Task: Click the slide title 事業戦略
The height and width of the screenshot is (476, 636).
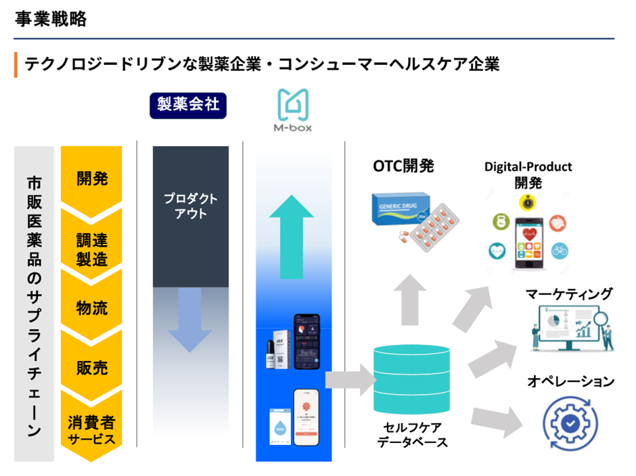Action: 51,20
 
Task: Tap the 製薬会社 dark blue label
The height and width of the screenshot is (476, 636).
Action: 188,105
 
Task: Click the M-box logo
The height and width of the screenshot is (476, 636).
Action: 295,112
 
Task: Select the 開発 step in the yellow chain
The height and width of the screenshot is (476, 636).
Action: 91,178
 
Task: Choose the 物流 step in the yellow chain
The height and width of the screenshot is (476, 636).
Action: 91,308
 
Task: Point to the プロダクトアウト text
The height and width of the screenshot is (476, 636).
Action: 191,206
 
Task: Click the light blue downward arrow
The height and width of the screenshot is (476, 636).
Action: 190,318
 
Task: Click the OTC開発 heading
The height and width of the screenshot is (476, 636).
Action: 403,166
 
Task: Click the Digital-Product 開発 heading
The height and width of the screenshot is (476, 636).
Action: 528,174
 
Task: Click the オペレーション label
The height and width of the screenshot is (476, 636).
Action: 570,381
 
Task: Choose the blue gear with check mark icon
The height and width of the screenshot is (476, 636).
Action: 570,421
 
